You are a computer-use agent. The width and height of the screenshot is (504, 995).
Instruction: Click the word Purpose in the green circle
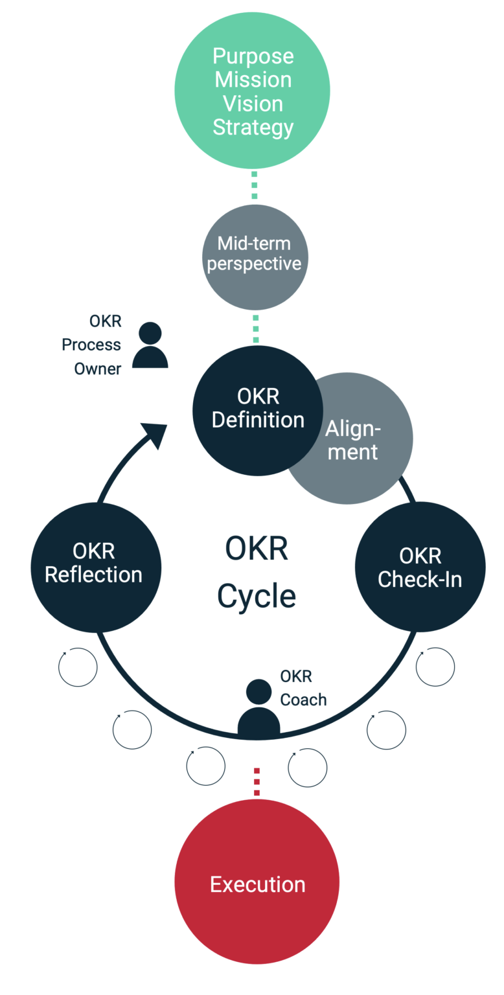(x=253, y=56)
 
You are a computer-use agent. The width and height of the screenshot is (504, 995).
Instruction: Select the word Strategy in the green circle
(x=253, y=127)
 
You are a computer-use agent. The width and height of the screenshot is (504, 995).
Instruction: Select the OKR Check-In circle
(x=420, y=567)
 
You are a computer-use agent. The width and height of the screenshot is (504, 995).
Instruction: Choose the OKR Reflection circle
(x=94, y=564)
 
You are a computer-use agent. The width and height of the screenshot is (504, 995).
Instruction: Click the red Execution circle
(x=257, y=884)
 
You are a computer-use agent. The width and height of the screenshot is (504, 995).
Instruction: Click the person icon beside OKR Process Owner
(x=150, y=346)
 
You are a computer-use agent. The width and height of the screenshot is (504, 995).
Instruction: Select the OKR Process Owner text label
(x=91, y=345)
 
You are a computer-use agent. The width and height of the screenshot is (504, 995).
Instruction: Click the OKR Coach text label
(x=303, y=688)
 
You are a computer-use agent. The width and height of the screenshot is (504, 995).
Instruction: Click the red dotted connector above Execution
(x=257, y=781)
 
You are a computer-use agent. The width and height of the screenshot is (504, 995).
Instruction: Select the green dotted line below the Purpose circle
(x=254, y=185)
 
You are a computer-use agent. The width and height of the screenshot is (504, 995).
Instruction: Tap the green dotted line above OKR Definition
(x=255, y=328)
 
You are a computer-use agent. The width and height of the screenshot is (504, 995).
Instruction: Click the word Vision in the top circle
(x=253, y=104)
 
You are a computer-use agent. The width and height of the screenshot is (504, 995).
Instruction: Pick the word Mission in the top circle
(x=253, y=80)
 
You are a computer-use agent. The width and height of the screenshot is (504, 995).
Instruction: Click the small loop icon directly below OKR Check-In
(x=435, y=667)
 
